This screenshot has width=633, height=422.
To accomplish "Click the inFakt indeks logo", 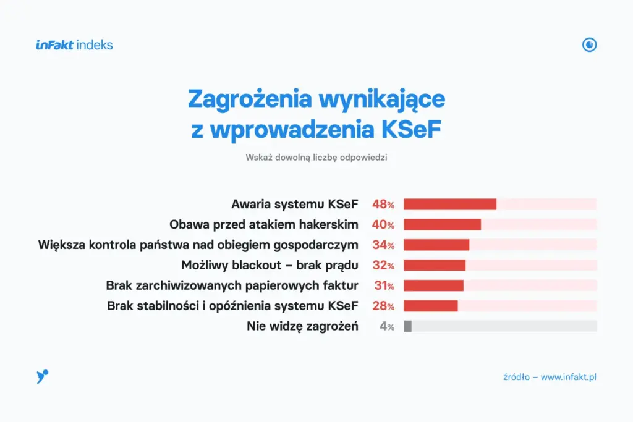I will click(74, 44).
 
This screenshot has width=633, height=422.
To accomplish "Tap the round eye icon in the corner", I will click(590, 44).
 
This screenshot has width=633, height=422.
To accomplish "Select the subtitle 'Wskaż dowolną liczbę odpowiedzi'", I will click(316, 158).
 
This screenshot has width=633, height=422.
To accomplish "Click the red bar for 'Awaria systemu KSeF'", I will click(450, 205).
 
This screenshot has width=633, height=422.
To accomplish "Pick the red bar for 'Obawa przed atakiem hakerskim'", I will click(442, 225).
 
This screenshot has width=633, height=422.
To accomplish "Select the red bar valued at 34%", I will click(436, 245).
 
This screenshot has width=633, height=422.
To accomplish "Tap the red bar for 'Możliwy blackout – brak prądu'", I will click(435, 266).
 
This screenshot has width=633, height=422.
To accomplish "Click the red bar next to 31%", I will click(433, 285).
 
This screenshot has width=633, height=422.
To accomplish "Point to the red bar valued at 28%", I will click(431, 306).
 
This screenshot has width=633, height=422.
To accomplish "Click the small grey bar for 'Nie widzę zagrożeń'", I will click(407, 326).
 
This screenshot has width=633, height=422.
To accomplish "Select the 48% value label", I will click(383, 205).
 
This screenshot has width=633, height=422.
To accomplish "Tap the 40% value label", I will click(383, 225).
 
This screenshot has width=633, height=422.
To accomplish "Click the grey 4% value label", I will click(387, 326).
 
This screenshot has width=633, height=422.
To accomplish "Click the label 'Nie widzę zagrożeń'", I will click(302, 326).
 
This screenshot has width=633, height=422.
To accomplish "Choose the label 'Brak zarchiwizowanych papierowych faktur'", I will click(232, 285).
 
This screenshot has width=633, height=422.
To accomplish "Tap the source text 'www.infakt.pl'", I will click(569, 377).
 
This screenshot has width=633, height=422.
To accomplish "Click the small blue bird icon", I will click(42, 376).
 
